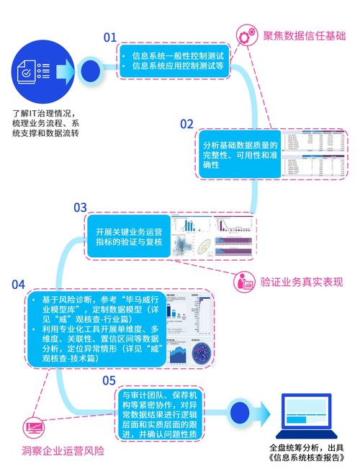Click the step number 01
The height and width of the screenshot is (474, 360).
coord(109,37)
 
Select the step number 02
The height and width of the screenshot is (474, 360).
coord(186,123)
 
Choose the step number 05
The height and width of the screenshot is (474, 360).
coord(109,380)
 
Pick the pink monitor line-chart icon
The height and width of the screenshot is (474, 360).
coord(35,430)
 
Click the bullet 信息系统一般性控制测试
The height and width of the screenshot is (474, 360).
coord(175,55)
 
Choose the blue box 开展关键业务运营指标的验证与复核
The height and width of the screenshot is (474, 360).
coord(129,237)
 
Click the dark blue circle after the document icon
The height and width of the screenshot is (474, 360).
coord(89,71)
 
